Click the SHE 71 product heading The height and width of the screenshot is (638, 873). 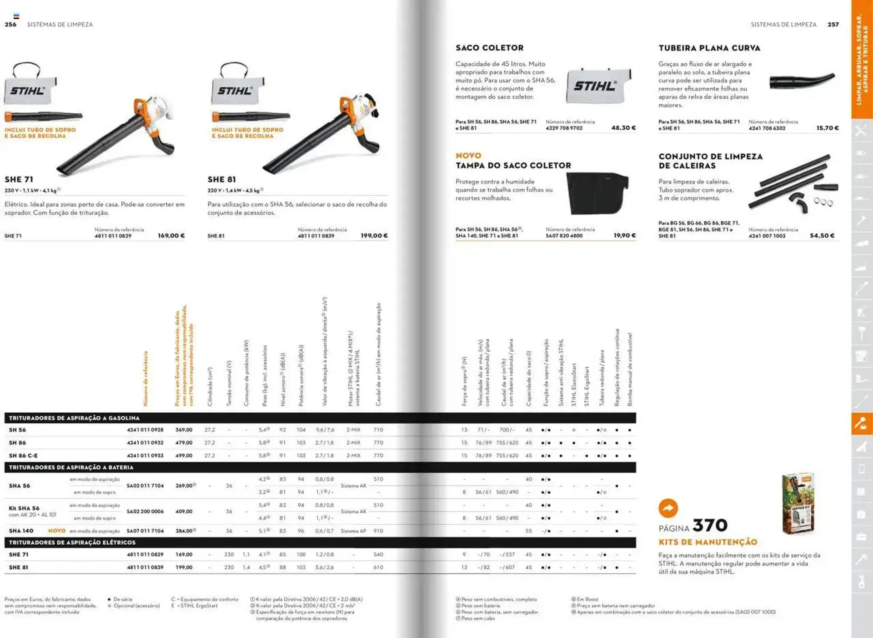tap(19, 179)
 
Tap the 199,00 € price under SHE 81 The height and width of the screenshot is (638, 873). tap(374, 236)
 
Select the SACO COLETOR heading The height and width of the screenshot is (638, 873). tap(489, 48)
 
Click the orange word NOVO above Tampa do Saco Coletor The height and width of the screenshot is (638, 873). tap(468, 156)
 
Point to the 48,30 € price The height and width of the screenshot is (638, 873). tap(623, 128)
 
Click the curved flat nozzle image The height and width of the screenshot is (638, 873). tap(802, 81)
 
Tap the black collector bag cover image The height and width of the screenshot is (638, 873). tap(598, 193)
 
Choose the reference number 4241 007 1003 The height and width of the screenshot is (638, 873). tap(767, 236)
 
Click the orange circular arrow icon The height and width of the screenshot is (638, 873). tap(668, 508)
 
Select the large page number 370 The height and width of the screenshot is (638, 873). tap(710, 525)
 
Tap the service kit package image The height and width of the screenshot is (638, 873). tap(798, 503)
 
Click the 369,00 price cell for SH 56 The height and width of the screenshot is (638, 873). tap(184, 430)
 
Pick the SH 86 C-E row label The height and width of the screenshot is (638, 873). tap(23, 456)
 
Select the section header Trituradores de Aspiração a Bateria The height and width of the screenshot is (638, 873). tap(71, 467)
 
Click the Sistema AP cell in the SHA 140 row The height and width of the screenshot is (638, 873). tap(353, 531)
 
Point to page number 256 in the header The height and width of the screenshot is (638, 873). tap(10, 25)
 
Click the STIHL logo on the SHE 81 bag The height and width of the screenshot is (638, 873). tap(235, 91)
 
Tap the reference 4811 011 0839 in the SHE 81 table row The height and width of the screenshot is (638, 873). tap(145, 567)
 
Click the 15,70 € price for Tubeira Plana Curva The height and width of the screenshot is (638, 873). tap(827, 128)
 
